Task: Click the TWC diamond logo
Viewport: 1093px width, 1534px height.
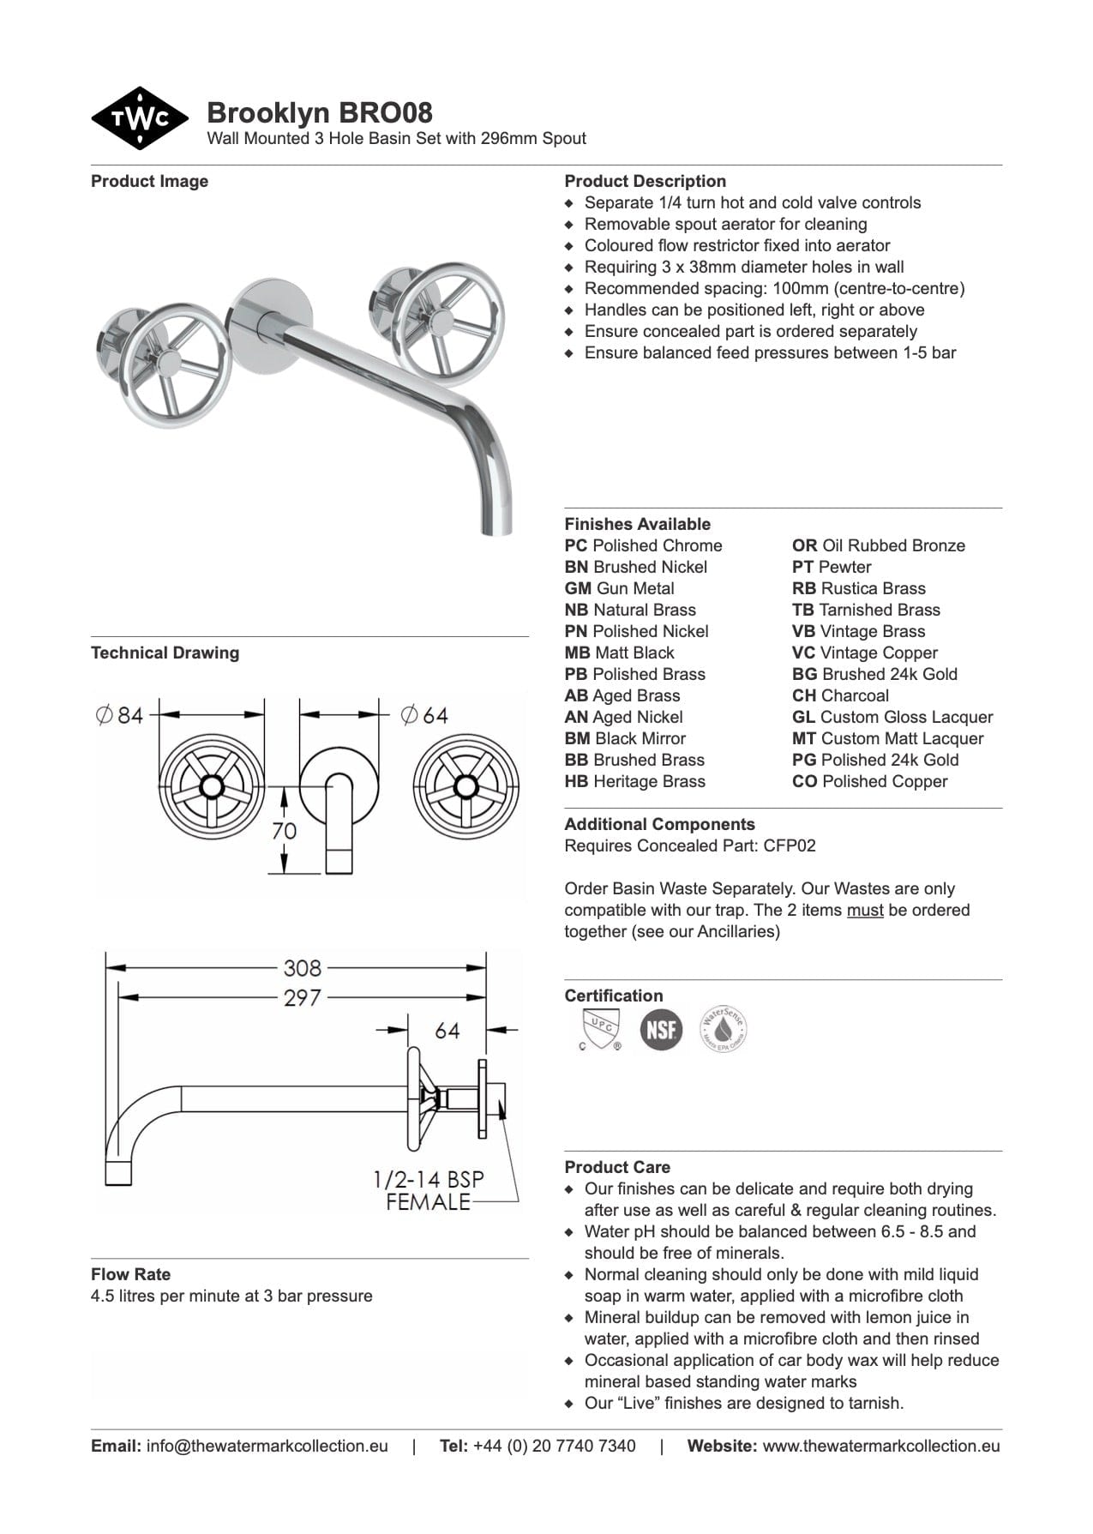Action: point(139,118)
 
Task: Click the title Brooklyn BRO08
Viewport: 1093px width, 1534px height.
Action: point(319,112)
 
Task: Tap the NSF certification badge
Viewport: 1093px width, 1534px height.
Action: point(661,1029)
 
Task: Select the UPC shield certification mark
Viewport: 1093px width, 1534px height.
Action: point(599,1028)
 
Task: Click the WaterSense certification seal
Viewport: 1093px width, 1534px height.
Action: point(723,1029)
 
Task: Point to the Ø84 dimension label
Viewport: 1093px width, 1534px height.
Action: point(120,714)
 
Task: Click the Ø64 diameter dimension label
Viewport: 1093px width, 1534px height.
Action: point(424,714)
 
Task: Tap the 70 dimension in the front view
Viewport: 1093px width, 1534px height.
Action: point(284,831)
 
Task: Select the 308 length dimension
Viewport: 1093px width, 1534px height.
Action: point(303,967)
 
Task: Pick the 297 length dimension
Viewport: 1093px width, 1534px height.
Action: point(303,997)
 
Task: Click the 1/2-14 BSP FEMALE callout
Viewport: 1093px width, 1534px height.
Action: point(428,1190)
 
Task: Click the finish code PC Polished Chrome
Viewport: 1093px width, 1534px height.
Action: point(643,545)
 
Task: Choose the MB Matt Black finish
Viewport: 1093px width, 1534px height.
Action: point(619,653)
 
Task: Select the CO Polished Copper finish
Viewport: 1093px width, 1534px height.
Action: point(869,781)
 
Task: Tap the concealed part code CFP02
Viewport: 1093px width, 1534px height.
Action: point(790,845)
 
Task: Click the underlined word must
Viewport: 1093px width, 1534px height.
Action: point(864,910)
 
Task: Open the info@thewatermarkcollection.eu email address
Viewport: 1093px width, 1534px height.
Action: point(267,1446)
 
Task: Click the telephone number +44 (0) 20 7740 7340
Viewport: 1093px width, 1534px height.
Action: point(554,1446)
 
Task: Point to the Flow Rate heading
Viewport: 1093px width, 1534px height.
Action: point(130,1274)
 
